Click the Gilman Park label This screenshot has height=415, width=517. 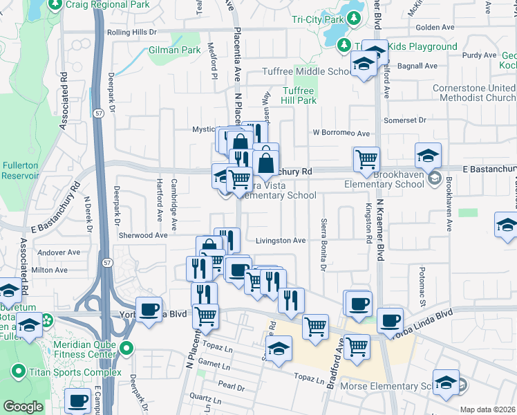coord(174,50)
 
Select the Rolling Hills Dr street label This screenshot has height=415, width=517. coord(131,32)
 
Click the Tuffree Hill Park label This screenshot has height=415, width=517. coord(299,95)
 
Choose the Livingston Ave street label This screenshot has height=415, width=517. coord(281,241)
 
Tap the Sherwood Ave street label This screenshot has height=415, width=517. coord(144,235)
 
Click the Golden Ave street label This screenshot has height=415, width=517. coord(435,27)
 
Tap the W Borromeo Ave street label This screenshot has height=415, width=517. coord(341,133)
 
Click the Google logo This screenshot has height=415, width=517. coord(23,407)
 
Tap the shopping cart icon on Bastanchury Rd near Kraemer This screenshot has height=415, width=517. coord(366,160)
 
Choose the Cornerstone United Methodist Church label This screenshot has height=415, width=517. coord(473,93)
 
